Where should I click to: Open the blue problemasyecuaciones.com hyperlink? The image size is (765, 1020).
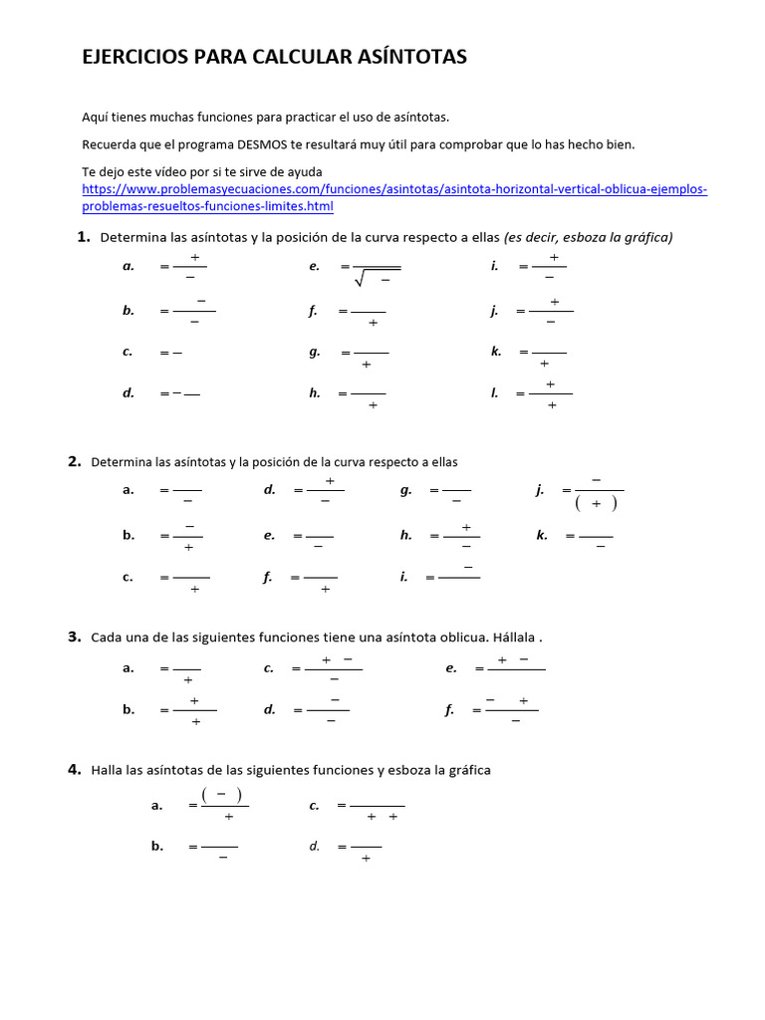click(x=394, y=189)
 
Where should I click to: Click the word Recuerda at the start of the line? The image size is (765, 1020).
click(x=109, y=144)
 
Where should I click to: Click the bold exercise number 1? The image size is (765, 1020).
click(x=84, y=236)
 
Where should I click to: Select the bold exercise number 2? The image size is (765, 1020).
click(x=74, y=461)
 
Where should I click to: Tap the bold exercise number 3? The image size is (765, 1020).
click(x=74, y=637)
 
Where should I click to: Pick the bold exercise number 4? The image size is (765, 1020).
click(x=74, y=769)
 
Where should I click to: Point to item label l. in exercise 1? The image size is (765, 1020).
click(x=494, y=393)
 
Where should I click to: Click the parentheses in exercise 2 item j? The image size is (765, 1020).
click(x=596, y=503)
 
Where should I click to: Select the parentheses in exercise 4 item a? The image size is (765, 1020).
click(x=222, y=794)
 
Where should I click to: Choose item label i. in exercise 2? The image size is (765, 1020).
click(x=403, y=577)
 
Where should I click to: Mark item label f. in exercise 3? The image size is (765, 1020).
click(x=449, y=710)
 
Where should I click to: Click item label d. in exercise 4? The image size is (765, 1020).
click(x=314, y=846)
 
